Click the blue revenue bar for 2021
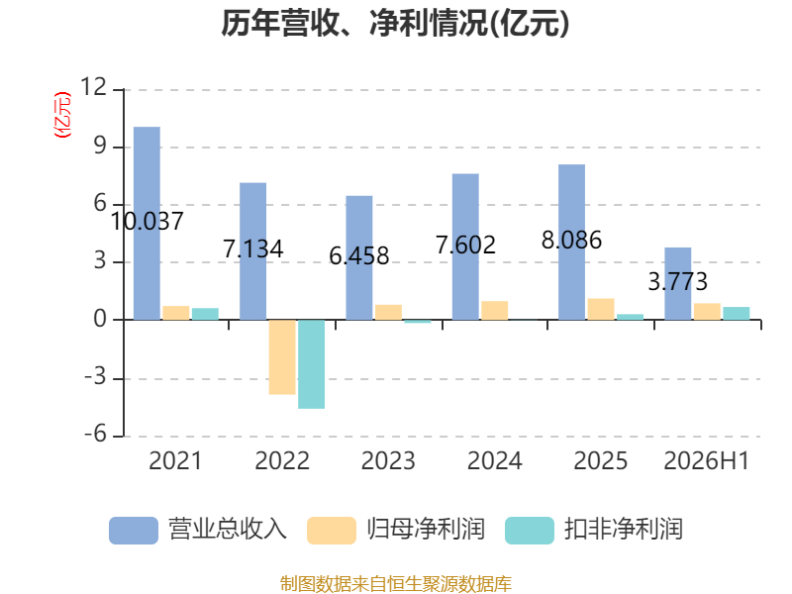click(x=147, y=224)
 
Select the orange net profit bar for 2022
click(x=282, y=356)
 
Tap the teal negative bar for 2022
click(x=311, y=364)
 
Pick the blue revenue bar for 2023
click(x=359, y=257)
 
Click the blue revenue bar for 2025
click(x=572, y=242)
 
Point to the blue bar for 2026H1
click(x=678, y=283)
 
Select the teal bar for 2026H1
click(x=737, y=313)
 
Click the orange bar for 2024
click(x=494, y=310)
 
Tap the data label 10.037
click(x=147, y=221)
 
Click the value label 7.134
click(x=253, y=248)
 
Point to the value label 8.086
click(x=572, y=240)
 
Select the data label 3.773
click(x=678, y=281)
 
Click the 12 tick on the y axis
click(x=94, y=87)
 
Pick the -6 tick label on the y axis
click(x=95, y=434)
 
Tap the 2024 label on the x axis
click(x=494, y=460)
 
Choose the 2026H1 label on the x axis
click(x=707, y=460)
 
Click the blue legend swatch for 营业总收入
click(x=134, y=531)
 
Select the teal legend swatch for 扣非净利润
click(x=530, y=531)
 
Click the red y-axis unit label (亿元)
click(x=62, y=115)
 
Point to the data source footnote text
click(x=396, y=584)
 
